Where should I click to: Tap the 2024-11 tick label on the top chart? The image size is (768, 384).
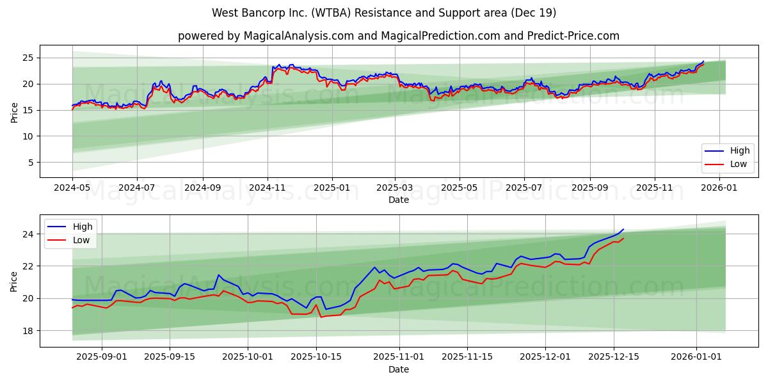tap(267, 189)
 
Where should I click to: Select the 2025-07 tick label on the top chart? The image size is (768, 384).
tap(524, 189)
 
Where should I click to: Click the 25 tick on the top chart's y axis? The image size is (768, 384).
tap(29, 58)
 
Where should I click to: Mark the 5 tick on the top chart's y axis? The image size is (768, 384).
tap(31, 163)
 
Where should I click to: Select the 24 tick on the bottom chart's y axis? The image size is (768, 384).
tap(29, 234)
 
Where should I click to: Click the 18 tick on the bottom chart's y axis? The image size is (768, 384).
tap(29, 331)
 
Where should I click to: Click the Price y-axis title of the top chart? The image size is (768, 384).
tap(15, 111)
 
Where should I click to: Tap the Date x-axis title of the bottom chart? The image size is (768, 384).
tap(398, 370)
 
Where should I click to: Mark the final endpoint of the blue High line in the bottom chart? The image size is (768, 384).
tap(623, 229)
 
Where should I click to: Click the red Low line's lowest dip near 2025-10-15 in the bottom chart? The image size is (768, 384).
tap(321, 317)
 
